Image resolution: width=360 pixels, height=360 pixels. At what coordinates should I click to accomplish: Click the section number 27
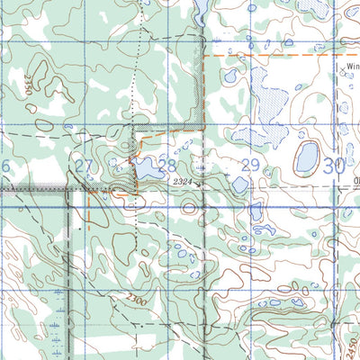tap(84, 166)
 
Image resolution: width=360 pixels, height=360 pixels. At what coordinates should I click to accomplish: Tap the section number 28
tap(166, 165)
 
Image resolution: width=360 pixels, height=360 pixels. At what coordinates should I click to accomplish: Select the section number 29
tap(250, 165)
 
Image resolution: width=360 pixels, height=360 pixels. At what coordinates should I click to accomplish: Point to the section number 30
tap(334, 165)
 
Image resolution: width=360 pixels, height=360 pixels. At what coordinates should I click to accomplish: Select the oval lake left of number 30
tap(306, 158)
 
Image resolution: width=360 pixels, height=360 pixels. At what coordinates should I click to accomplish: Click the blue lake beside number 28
tap(144, 167)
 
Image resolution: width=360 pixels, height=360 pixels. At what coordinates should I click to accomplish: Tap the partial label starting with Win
tap(351, 66)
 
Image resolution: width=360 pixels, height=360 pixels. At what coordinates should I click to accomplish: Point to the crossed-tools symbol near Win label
tap(345, 76)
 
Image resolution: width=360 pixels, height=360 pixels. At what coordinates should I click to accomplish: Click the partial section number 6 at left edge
tap(4, 166)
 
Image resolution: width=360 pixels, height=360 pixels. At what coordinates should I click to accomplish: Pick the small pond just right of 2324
tap(239, 184)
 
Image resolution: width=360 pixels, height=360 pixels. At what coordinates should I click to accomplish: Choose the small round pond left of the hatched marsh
tap(231, 77)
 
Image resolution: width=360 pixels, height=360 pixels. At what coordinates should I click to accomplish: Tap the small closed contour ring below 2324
tap(188, 208)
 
